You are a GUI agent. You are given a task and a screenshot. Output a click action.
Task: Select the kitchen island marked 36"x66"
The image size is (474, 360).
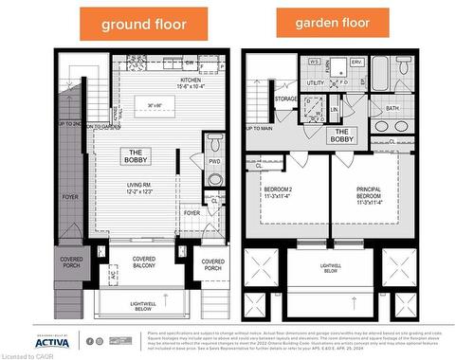click(x=155, y=104)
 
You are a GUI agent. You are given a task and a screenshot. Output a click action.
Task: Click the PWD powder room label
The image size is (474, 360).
click(x=215, y=161)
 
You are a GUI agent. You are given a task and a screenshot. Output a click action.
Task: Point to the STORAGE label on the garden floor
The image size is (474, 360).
click(x=286, y=99)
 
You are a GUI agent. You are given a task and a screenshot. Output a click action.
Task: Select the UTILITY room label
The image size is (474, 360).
click(x=316, y=83)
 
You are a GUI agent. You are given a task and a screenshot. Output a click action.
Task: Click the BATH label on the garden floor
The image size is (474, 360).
click(x=392, y=108)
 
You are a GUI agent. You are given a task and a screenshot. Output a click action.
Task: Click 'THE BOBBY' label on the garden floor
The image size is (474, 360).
click(x=342, y=135)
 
